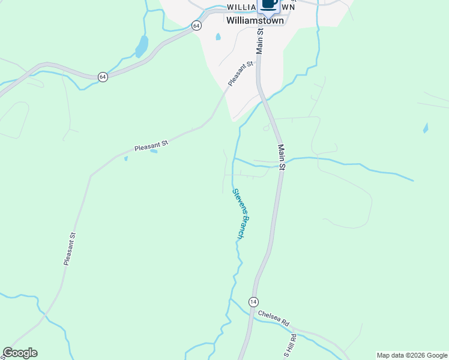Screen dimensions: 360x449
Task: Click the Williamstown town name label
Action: point(255,20)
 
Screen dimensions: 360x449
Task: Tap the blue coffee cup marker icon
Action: point(270,5)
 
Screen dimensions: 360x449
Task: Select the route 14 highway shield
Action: point(254,301)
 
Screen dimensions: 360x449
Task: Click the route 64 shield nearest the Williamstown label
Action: point(196,25)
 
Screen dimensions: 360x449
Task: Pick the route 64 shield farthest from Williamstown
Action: point(103,77)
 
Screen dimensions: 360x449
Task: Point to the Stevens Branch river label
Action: point(238,214)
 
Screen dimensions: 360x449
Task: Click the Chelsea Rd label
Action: point(274,318)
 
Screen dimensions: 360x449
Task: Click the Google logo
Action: point(20,353)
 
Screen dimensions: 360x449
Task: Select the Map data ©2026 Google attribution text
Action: point(412,355)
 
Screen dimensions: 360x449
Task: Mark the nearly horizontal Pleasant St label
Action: point(151,145)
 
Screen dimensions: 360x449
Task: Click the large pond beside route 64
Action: point(142,46)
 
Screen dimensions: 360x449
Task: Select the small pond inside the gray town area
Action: point(217,37)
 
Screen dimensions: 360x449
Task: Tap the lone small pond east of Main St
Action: point(426,128)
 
